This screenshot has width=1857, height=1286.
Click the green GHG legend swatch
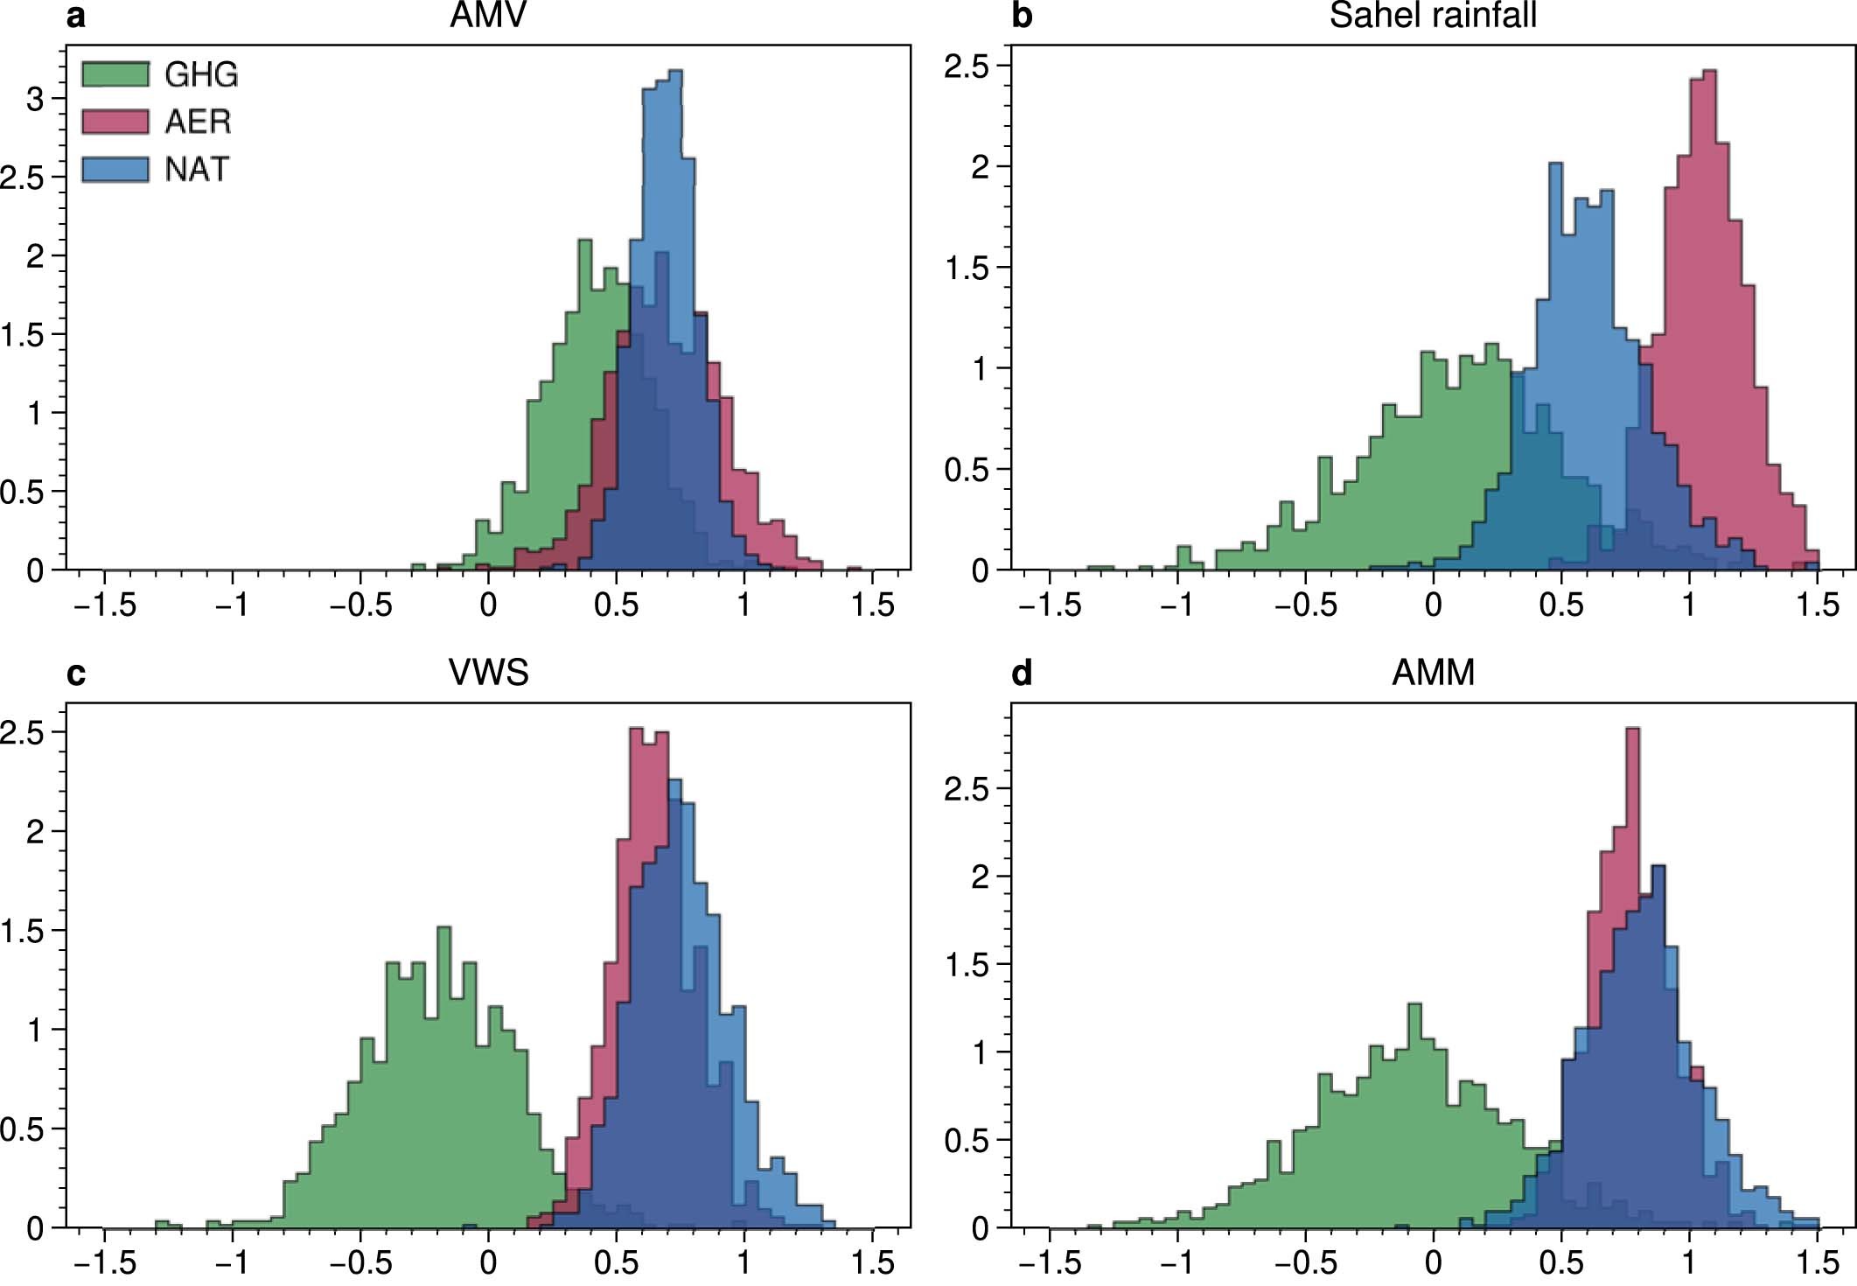pos(115,73)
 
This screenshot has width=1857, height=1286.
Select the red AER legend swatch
pos(115,121)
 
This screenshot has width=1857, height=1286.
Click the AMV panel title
pos(488,16)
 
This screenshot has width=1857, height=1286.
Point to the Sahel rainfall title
pos(1433,16)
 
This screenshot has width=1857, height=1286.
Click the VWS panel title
pos(488,673)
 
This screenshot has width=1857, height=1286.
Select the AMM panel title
pos(1433,673)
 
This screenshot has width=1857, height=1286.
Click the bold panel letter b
pos(1021,16)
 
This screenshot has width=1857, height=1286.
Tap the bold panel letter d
pos(1021,674)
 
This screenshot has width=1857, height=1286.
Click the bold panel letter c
pos(76,674)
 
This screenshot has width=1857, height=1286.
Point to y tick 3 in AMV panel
pos(35,99)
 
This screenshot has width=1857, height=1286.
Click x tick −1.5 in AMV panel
pos(105,605)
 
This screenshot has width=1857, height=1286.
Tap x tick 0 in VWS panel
pos(488,1262)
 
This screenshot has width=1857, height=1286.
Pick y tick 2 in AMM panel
pos(980,877)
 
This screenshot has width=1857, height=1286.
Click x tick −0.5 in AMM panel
pos(1305,1262)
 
